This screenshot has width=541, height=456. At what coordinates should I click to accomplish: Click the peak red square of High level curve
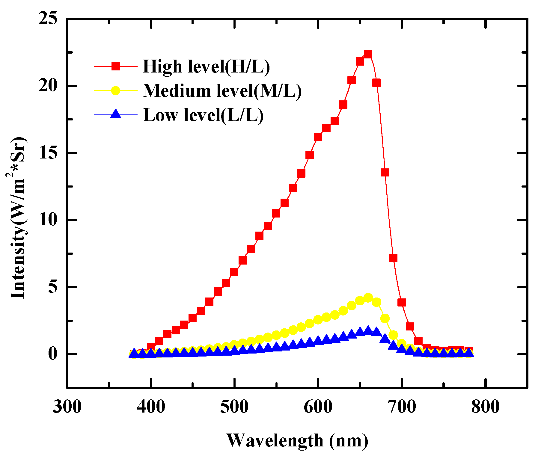tap(368, 54)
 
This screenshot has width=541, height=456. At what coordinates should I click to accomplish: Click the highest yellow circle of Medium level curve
tap(368, 298)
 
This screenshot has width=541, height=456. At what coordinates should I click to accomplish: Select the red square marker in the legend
tap(116, 66)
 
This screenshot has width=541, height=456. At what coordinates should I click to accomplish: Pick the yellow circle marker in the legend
tap(116, 90)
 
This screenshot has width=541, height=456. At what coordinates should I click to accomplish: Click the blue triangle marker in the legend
tap(116, 114)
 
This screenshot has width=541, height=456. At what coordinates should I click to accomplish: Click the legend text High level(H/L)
tap(206, 67)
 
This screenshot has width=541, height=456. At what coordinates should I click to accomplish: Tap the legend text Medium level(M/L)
tap(222, 90)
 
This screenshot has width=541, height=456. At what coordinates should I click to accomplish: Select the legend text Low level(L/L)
tap(203, 115)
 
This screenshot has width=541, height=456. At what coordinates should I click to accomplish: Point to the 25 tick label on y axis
tap(48, 19)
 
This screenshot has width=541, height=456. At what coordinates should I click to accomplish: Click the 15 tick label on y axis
tap(48, 153)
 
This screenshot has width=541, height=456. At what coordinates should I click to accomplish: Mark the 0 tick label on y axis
tap(53, 354)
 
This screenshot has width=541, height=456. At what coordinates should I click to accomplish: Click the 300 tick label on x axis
tap(67, 407)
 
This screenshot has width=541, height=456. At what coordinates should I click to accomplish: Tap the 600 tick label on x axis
tap(318, 407)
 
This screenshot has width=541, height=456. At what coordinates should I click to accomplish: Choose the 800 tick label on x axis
tap(485, 407)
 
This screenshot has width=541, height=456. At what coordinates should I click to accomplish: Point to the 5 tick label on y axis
tap(53, 287)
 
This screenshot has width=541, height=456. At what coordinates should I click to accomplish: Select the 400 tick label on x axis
tap(151, 407)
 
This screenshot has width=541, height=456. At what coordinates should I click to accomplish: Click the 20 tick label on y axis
tap(48, 86)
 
